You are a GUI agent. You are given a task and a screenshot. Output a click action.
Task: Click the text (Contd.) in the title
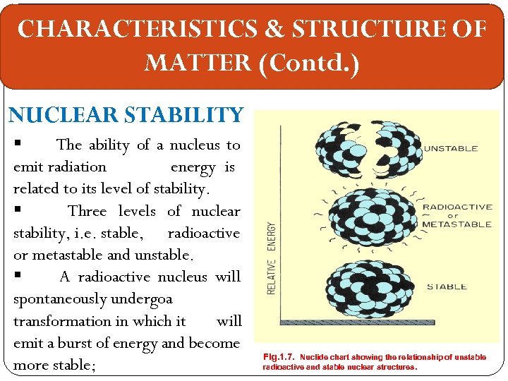(310, 64)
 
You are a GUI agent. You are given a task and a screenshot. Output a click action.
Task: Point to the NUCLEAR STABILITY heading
(126, 114)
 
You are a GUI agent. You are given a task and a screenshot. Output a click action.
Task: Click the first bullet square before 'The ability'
(17, 144)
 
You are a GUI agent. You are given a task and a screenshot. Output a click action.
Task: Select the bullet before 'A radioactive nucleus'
(17, 276)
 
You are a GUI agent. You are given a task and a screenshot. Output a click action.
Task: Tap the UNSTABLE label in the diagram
(450, 149)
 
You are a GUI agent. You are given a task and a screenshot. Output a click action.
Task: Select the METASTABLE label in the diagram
(456, 224)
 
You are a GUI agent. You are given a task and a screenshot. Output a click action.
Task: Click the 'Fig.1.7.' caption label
(279, 358)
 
